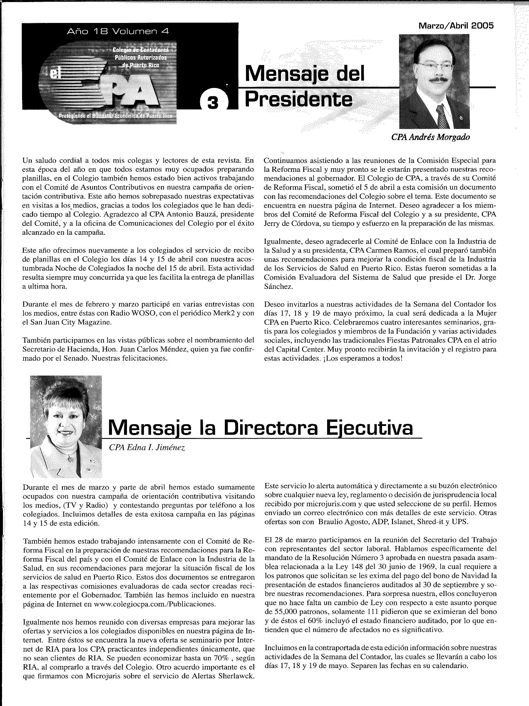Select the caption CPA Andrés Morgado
coord(431,137)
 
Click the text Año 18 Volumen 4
coord(118,31)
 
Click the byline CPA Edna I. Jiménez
coord(147,448)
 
